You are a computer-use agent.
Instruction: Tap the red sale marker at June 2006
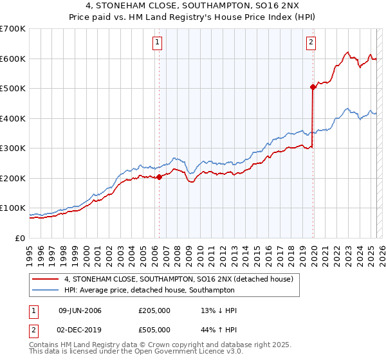pos(159,177)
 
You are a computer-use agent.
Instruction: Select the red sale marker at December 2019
pos(313,87)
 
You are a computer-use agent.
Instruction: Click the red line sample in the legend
pos(44,279)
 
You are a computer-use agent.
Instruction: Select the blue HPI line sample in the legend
pos(44,290)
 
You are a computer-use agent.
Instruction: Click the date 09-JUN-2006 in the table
pos(80,311)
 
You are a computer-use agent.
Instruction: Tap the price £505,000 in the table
pos(154,328)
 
